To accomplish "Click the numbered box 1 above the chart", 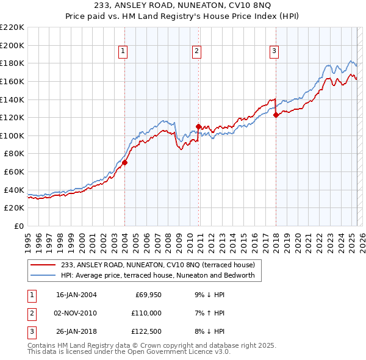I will click(x=124, y=52).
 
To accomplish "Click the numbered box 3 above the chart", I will click(x=274, y=52).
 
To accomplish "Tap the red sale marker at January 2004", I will click(x=124, y=163).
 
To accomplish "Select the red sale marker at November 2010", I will click(x=199, y=126).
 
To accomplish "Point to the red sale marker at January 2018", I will click(x=276, y=115).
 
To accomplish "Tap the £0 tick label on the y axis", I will click(x=18, y=226).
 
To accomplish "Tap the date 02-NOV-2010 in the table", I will click(x=76, y=313).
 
